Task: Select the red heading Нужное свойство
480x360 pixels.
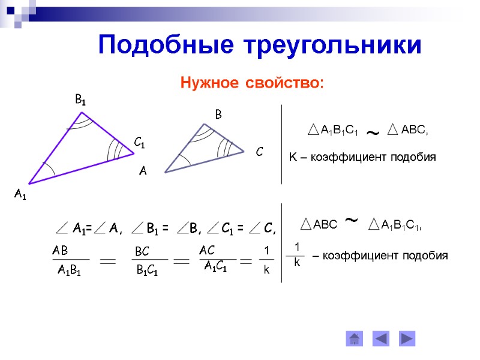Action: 252,82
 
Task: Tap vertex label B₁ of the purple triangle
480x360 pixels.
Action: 80,101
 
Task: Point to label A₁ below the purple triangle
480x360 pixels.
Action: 20,194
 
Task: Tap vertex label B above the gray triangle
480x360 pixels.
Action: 218,113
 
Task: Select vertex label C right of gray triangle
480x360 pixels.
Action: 259,152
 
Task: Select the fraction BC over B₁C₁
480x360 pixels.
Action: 146,260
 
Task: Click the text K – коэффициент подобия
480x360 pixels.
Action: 362,157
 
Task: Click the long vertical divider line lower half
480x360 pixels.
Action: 281,252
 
